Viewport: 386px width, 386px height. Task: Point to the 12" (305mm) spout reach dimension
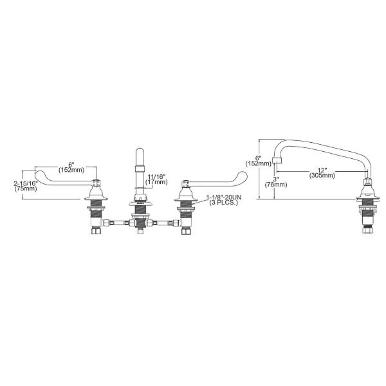point(321,172)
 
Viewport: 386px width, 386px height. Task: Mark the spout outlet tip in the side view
point(278,160)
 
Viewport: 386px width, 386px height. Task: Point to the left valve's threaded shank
point(96,209)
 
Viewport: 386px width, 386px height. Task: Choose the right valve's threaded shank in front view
point(186,209)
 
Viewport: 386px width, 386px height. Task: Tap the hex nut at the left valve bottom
point(96,231)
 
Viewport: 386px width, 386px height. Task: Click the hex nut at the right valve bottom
point(186,231)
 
